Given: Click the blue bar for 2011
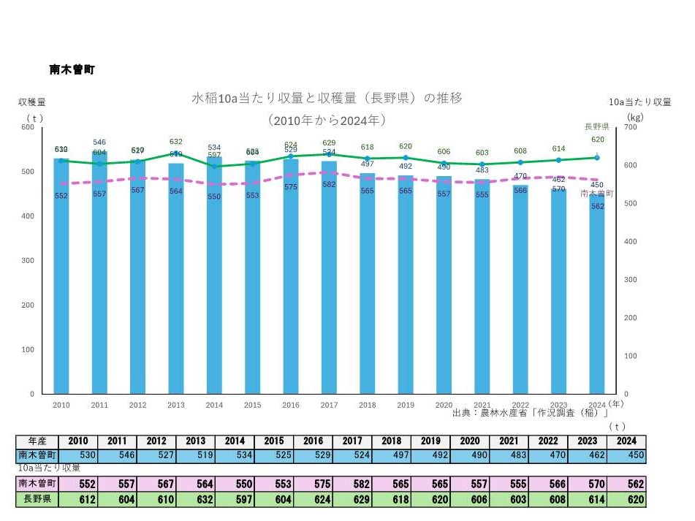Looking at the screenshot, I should (x=99, y=278).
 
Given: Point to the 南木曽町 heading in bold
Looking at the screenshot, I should (x=72, y=69).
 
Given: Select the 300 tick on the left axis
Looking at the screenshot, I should (x=29, y=261).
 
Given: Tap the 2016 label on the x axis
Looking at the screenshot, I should (x=291, y=405).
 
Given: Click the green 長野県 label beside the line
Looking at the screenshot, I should (x=596, y=126).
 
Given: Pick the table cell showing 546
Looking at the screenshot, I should (x=117, y=455).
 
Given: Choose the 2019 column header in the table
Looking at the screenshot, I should (x=430, y=441).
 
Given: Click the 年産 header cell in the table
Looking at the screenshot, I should (x=37, y=441).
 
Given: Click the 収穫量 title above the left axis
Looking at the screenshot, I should (x=31, y=102).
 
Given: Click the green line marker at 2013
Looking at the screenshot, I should (x=176, y=153).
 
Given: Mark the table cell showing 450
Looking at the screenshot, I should (x=626, y=455).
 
